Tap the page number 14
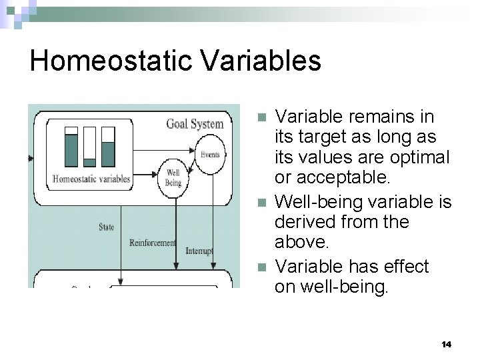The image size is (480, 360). tap(446, 344)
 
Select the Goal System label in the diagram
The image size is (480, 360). tap(195, 124)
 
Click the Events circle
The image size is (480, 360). tap(209, 155)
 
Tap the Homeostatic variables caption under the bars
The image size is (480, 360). tap(91, 179)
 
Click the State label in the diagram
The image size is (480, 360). tap(106, 227)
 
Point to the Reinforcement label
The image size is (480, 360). tap(153, 243)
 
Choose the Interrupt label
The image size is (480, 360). tap(199, 251)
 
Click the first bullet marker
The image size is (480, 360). tap(262, 117)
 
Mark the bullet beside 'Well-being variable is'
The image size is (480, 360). tap(262, 202)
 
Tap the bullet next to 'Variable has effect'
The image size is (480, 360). tap(262, 267)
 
